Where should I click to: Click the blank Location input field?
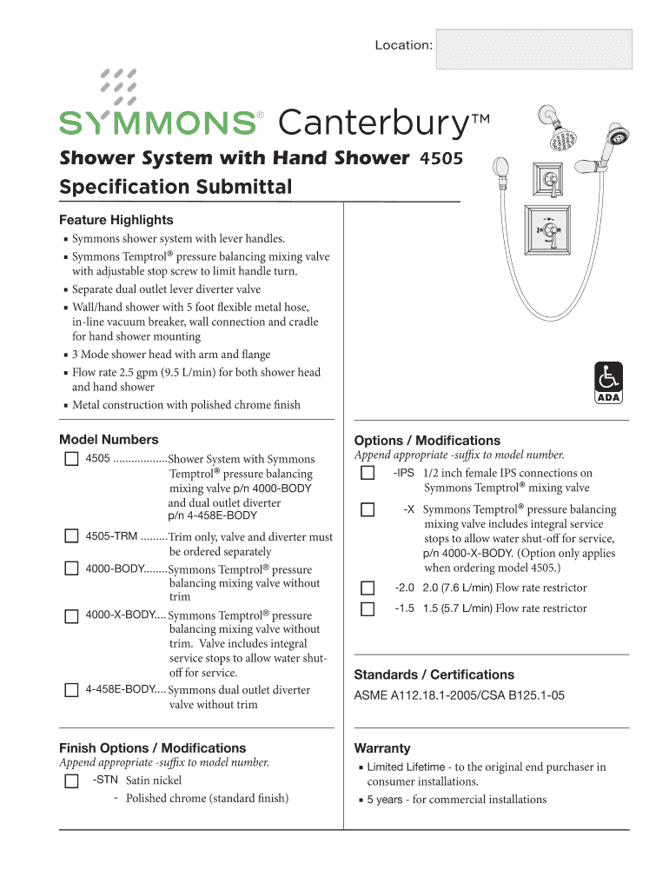[x=533, y=48]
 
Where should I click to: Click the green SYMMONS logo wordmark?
[x=157, y=123]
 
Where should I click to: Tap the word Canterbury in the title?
[x=374, y=124]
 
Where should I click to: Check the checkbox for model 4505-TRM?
[x=71, y=536]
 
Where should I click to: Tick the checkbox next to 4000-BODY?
[x=71, y=568]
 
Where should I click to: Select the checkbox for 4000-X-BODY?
[x=71, y=615]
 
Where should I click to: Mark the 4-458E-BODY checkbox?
[x=71, y=690]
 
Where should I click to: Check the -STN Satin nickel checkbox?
[x=71, y=780]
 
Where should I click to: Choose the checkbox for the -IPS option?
[x=368, y=473]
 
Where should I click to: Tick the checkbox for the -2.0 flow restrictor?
[x=368, y=588]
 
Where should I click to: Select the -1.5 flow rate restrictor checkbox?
[x=368, y=608]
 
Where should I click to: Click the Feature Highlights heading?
[x=116, y=220]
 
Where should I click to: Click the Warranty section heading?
[x=382, y=748]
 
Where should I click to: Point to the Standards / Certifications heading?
[x=434, y=674]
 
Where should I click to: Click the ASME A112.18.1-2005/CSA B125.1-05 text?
[x=460, y=695]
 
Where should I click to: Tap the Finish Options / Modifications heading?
[x=152, y=748]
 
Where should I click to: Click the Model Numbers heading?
[x=109, y=440]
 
